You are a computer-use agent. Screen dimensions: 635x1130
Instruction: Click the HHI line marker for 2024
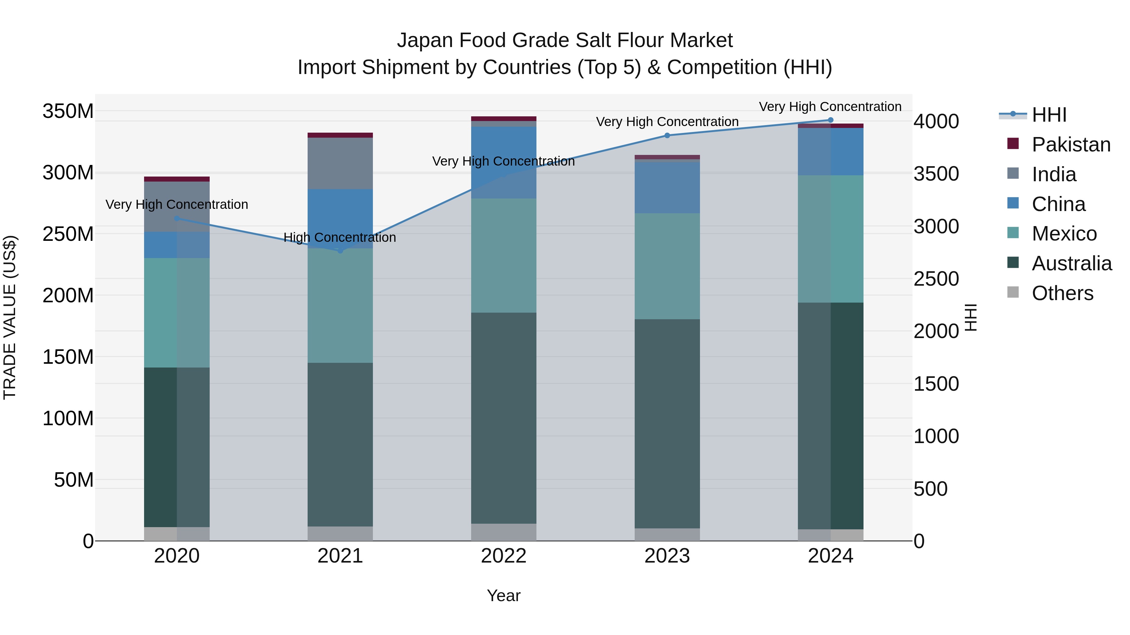(830, 120)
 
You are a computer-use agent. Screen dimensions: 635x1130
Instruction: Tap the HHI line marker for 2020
(177, 218)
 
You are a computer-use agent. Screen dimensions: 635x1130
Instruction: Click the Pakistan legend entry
(1070, 145)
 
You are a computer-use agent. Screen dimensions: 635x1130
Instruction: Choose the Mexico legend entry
(1064, 234)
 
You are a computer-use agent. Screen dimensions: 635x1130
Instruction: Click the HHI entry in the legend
(1048, 115)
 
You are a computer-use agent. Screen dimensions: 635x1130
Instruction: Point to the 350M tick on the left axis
(68, 111)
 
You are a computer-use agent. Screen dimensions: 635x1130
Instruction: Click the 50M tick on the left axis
(73, 480)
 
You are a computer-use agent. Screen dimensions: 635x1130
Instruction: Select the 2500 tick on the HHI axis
(936, 279)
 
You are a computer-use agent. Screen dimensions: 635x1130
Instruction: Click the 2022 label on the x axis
(503, 556)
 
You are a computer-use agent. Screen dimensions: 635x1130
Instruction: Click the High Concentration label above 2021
(340, 237)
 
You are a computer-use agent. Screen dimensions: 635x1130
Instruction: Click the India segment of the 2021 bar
(340, 163)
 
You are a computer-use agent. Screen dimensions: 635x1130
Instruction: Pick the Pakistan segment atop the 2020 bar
(177, 179)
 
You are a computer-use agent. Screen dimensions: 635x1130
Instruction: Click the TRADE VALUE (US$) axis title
(10, 317)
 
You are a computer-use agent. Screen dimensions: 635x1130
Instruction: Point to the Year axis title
(503, 595)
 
